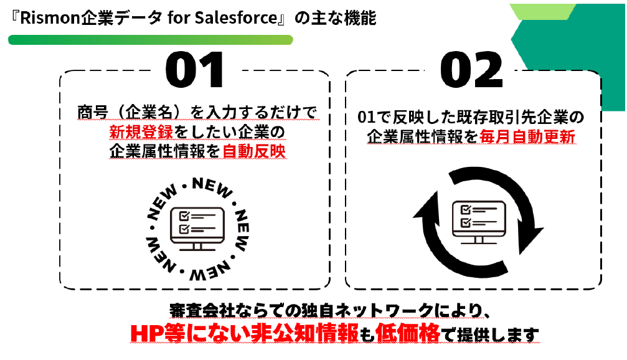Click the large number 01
tap(194, 70)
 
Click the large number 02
tap(471, 70)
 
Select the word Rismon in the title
tap(44, 18)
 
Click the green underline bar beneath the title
tap(150, 40)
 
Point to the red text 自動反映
tap(254, 151)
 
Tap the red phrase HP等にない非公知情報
tap(245, 333)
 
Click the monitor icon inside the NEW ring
tap(197, 227)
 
